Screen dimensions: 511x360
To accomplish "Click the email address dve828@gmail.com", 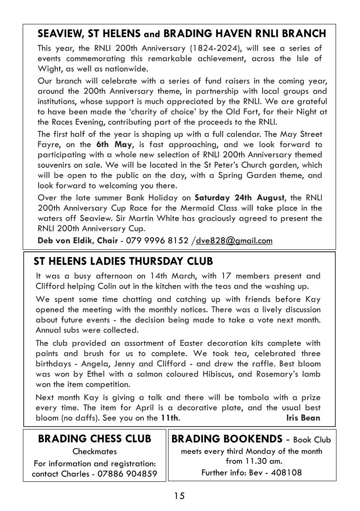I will point(234,240).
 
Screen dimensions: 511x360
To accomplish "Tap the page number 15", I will point(179,496).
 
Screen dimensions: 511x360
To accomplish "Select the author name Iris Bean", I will point(303,417).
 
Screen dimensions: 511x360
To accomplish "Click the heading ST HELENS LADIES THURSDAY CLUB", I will point(123,261).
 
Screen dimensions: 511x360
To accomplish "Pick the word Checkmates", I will point(94,451).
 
